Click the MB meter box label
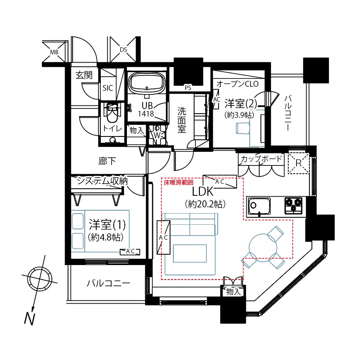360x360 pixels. pyautogui.click(x=54, y=52)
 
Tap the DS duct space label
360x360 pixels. pyautogui.click(x=124, y=50)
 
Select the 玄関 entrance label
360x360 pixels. pyautogui.click(x=84, y=75)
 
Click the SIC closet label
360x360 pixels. pyautogui.click(x=108, y=88)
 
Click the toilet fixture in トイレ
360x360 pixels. pyautogui.click(x=112, y=114)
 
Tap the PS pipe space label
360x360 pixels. pyautogui.click(x=188, y=88)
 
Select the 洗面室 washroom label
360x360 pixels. pyautogui.click(x=182, y=120)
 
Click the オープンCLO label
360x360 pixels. pyautogui.click(x=237, y=84)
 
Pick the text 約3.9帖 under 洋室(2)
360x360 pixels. pyautogui.click(x=239, y=115)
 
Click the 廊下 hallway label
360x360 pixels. pyautogui.click(x=107, y=161)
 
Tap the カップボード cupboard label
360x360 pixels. pyautogui.click(x=261, y=159)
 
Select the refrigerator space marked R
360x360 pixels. pyautogui.click(x=299, y=163)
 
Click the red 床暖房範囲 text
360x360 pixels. pyautogui.click(x=179, y=182)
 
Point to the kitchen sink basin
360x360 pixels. pyautogui.click(x=258, y=205)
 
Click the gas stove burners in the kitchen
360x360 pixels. pyautogui.click(x=294, y=205)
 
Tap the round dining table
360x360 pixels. pyautogui.click(x=263, y=248)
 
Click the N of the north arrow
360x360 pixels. pyautogui.click(x=29, y=319)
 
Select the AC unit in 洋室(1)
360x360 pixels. pyautogui.click(x=130, y=252)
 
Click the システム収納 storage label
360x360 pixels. pyautogui.click(x=102, y=181)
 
